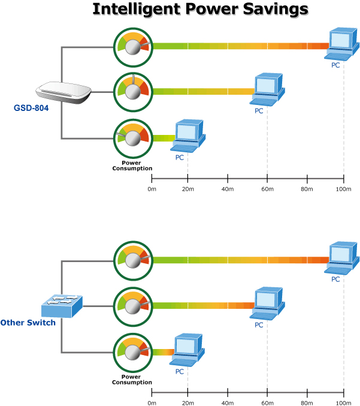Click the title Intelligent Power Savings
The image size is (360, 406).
pyautogui.click(x=200, y=10)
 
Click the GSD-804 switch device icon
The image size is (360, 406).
pyautogui.click(x=63, y=92)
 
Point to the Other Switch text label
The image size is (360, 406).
pyautogui.click(x=28, y=323)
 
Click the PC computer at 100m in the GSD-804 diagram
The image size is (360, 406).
pyautogui.click(x=341, y=43)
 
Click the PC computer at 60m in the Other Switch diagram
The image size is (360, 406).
pyautogui.click(x=266, y=303)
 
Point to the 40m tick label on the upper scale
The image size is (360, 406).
pyautogui.click(x=227, y=189)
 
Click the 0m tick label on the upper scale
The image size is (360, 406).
pyautogui.click(x=152, y=189)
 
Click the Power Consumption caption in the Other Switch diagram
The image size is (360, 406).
pyautogui.click(x=132, y=380)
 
